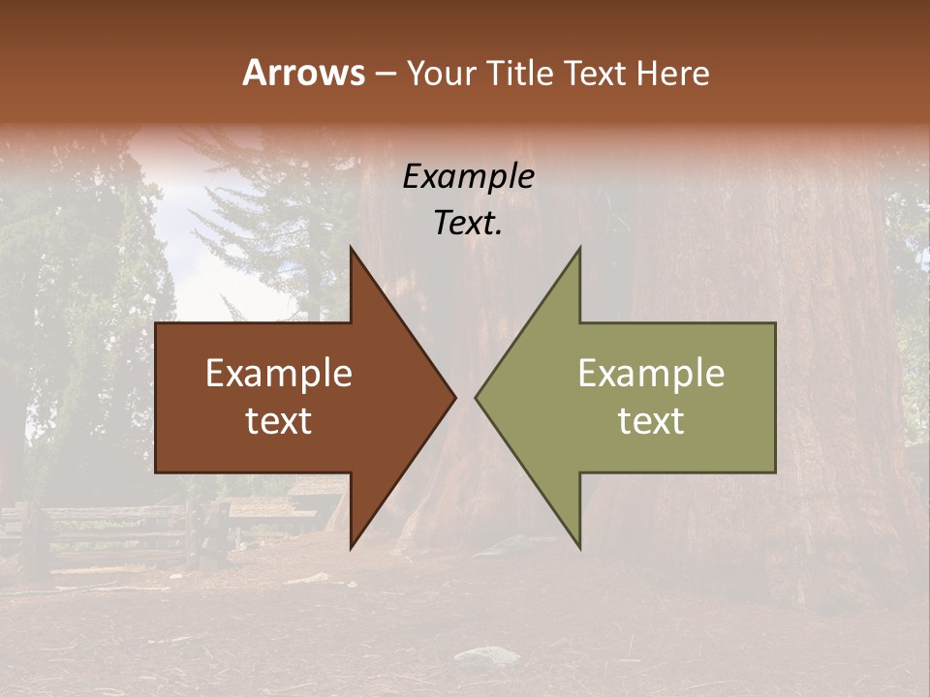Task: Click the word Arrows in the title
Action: (x=303, y=73)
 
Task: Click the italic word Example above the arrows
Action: (x=468, y=176)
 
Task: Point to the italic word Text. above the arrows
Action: (x=468, y=224)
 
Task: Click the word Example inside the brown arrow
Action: (x=279, y=374)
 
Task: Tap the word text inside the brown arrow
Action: (x=279, y=421)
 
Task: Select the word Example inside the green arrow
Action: (x=651, y=374)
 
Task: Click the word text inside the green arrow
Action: (x=651, y=421)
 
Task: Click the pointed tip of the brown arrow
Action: (x=454, y=397)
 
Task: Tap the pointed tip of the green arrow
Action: (x=477, y=397)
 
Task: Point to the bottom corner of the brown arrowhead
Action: (x=352, y=546)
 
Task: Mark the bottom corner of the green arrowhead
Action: (x=579, y=546)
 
